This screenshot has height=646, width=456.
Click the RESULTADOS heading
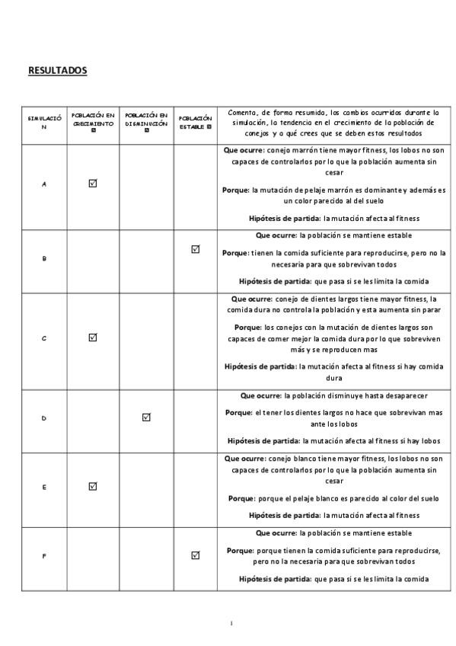58,71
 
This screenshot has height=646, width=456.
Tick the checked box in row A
93,184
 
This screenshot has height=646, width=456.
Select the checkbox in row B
196,249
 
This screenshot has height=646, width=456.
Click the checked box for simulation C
93,337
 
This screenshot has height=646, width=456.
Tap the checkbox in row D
146,417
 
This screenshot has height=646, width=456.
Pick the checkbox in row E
93,486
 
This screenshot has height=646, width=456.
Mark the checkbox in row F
196,555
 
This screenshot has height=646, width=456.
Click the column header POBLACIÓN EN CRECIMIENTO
93,120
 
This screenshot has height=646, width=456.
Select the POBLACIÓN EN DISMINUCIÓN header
146,120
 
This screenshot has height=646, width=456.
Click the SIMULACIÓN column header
44,123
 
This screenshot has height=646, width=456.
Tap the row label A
44,184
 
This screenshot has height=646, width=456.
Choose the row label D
44,418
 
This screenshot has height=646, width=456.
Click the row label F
44,556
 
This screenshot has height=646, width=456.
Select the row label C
44,337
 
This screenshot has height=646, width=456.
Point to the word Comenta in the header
242,112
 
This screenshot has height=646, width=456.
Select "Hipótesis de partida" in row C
261,366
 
